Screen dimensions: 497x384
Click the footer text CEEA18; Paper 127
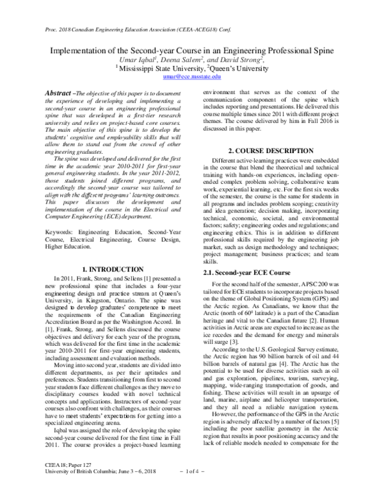pos(45,482)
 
